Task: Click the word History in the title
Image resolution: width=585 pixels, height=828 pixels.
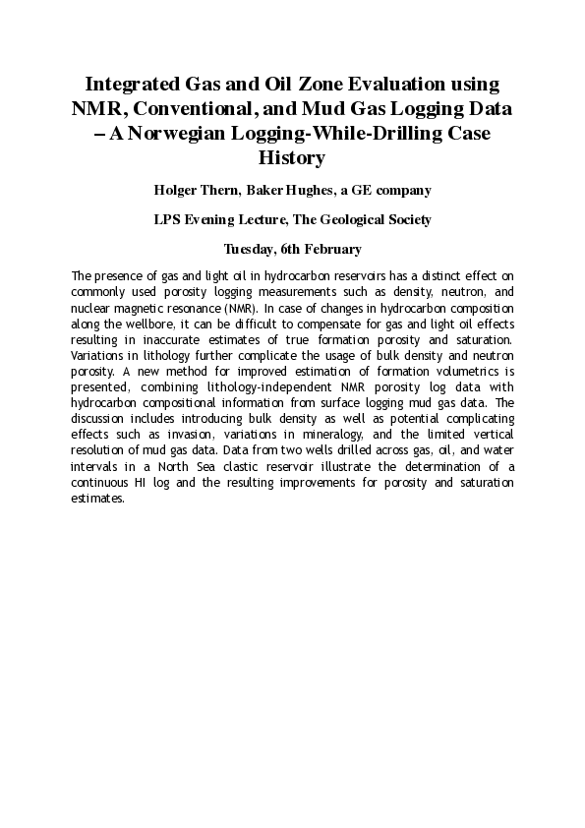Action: pos(291,156)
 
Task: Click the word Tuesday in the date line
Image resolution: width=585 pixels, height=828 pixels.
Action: pos(250,249)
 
